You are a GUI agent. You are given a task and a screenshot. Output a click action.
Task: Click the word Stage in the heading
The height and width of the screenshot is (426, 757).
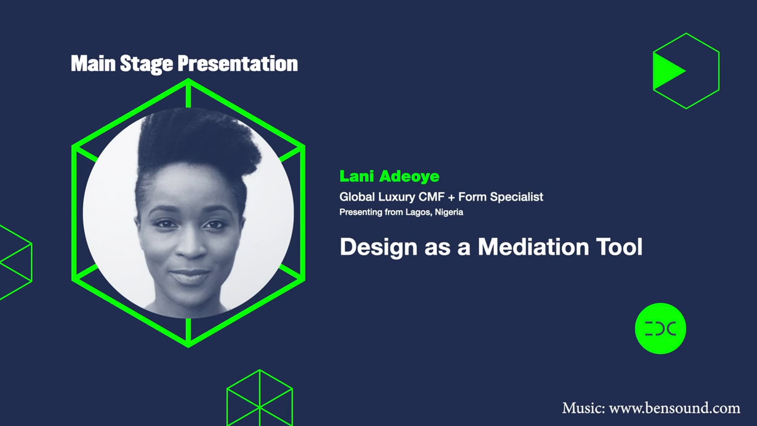point(146,64)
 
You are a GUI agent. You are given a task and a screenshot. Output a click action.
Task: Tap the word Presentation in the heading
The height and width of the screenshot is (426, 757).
point(237,64)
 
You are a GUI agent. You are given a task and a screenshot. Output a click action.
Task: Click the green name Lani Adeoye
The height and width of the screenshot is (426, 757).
point(389,176)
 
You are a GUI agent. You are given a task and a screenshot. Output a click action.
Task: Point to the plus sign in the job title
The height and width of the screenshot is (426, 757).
point(451,197)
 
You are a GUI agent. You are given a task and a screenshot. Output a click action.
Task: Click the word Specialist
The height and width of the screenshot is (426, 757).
point(516,197)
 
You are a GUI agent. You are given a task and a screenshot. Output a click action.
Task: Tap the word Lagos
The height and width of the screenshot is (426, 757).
point(418,212)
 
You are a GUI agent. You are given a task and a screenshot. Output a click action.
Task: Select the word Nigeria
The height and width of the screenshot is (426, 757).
point(449,212)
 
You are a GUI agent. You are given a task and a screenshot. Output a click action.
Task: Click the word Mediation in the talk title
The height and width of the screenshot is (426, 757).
point(533,247)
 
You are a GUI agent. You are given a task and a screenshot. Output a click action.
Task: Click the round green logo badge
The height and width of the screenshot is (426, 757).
point(660,328)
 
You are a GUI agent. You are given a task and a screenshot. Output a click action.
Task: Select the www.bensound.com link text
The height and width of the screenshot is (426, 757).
point(674,408)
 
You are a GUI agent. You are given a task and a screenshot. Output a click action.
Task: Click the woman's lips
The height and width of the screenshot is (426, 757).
point(190,276)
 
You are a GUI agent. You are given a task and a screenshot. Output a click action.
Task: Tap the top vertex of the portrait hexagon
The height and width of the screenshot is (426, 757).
point(188,80)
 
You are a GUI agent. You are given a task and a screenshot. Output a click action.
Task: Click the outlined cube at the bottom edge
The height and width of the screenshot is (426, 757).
point(259,398)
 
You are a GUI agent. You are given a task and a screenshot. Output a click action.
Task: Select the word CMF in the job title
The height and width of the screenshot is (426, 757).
point(431,197)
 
